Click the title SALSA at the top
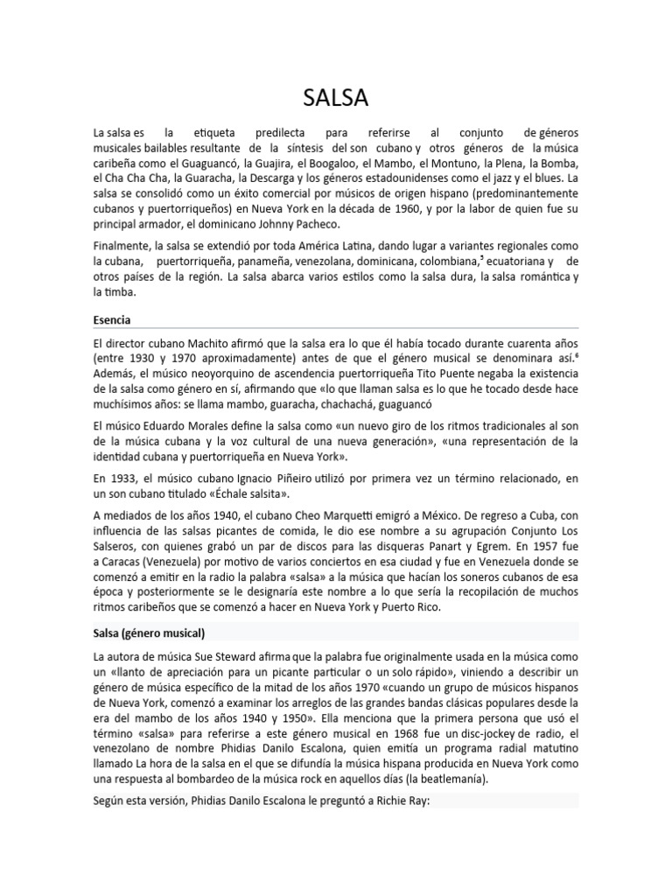point(335,94)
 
